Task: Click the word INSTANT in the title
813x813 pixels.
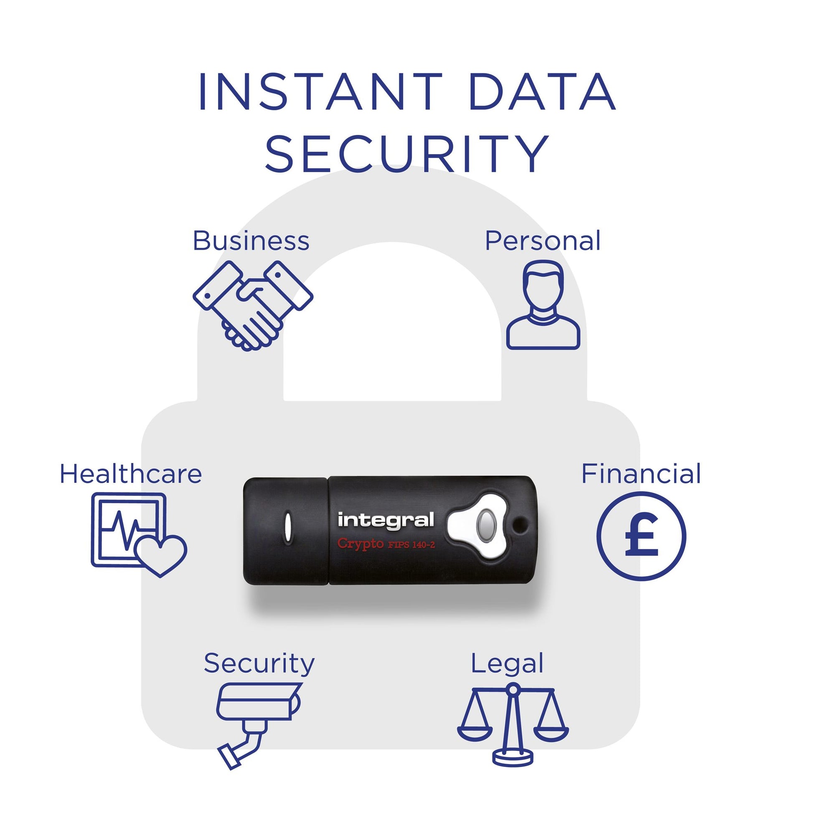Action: [x=320, y=92]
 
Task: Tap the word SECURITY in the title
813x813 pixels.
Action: [x=407, y=153]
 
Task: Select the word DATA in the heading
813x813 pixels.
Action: [x=541, y=92]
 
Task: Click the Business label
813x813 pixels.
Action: [x=251, y=241]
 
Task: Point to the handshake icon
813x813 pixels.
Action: [x=253, y=306]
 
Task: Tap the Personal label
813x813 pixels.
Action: [x=542, y=241]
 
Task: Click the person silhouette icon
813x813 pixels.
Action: [x=543, y=305]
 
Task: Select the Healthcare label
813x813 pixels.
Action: [x=131, y=474]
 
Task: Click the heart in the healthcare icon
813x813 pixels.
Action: [x=160, y=556]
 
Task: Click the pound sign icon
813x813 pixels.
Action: [x=641, y=536]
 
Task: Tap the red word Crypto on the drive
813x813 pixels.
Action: [x=360, y=544]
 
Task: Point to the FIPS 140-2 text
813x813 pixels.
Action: [x=411, y=545]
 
